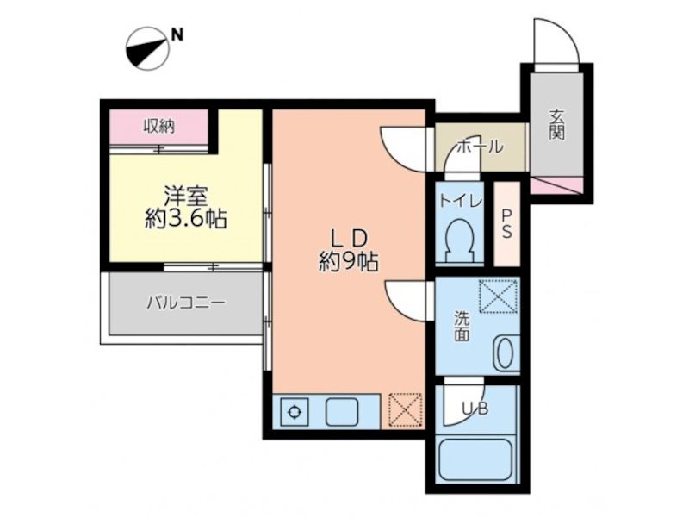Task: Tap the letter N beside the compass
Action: coord(177,35)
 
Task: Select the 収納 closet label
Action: coord(159,127)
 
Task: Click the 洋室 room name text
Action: coord(186,194)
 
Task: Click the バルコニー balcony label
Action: coord(185,303)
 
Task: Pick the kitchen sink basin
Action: coord(342,412)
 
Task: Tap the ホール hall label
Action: coord(479,147)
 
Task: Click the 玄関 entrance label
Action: coord(557,125)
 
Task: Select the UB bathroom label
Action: coord(475,410)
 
